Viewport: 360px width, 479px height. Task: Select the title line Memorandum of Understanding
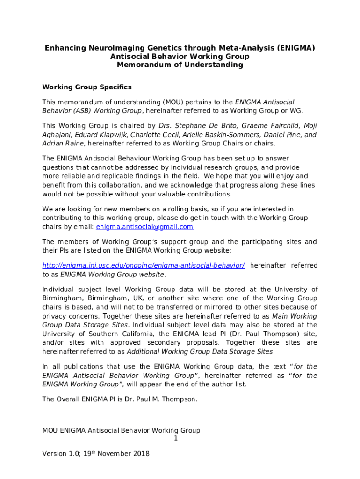click(180, 65)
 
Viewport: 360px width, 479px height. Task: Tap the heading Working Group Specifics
click(87, 87)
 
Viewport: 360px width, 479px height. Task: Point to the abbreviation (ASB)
click(82, 111)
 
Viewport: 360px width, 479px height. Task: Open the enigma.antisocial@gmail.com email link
click(144, 227)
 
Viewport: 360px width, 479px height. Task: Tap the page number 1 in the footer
click(176, 439)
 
